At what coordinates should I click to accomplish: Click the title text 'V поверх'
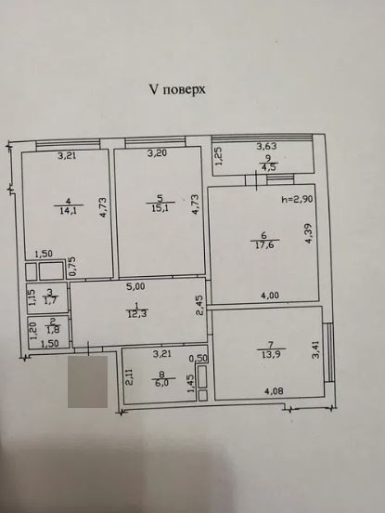(x=177, y=90)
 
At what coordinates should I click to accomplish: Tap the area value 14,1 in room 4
(x=67, y=210)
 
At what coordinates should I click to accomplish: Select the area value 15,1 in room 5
(x=160, y=209)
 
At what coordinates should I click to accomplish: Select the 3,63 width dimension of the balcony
(x=266, y=146)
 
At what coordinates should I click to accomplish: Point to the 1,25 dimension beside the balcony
(x=219, y=156)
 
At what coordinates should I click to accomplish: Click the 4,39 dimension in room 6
(x=310, y=242)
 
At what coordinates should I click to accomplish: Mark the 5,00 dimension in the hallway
(x=137, y=287)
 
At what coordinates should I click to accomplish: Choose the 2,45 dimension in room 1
(x=198, y=306)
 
